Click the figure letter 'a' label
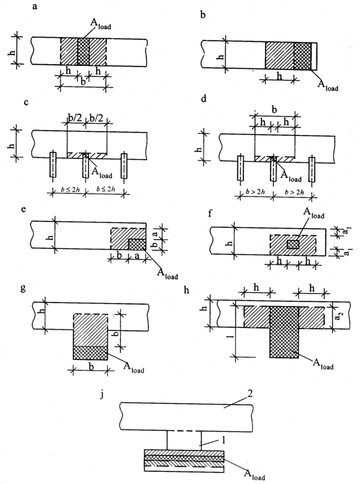[x=34, y=7]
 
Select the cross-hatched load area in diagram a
[x=83, y=51]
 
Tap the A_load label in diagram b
[x=328, y=85]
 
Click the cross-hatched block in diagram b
[x=303, y=56]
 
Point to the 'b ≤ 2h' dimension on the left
[x=70, y=189]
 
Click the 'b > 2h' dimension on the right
[x=294, y=192]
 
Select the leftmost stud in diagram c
[x=53, y=165]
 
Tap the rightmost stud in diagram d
[x=313, y=169]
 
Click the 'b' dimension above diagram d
[x=274, y=110]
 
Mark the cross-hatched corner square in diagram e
[x=137, y=244]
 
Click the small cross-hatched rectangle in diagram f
[x=293, y=244]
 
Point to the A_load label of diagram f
[x=313, y=213]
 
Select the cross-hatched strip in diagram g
[x=91, y=353]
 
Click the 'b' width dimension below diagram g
[x=91, y=367]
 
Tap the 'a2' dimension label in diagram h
[x=339, y=317]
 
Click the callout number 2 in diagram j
[x=250, y=395]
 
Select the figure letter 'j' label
[x=102, y=395]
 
